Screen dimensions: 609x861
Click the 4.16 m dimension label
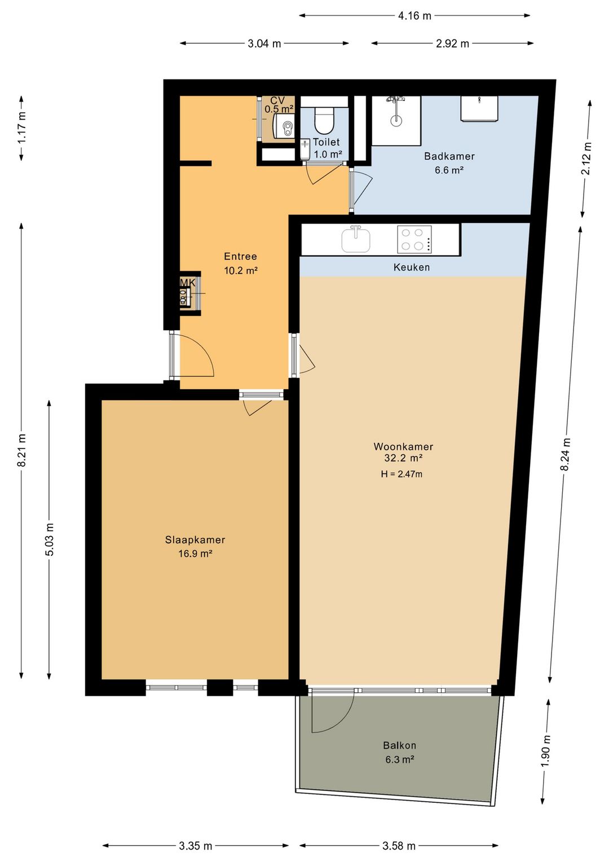click(x=414, y=16)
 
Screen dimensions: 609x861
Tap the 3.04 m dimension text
click(x=264, y=43)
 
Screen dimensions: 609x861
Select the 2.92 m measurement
click(x=452, y=43)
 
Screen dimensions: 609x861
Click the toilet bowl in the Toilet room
click(x=324, y=120)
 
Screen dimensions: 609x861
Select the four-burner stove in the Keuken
click(x=414, y=239)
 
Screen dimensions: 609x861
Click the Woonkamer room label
click(x=403, y=446)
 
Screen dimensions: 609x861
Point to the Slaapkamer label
click(x=195, y=539)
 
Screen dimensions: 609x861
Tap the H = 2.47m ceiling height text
click(x=401, y=474)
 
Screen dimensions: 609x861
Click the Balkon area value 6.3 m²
click(x=400, y=759)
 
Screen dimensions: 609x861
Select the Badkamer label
click(x=449, y=156)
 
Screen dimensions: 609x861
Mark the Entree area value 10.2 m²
click(x=241, y=270)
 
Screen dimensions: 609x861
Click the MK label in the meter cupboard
click(x=188, y=283)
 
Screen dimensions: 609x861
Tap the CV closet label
click(x=277, y=100)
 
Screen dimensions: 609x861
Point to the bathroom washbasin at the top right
click(x=479, y=108)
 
